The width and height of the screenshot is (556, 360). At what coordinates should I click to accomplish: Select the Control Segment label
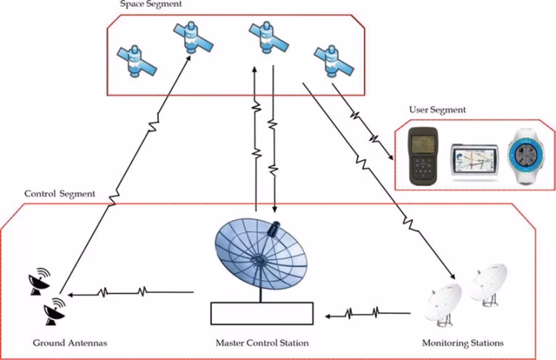(60, 193)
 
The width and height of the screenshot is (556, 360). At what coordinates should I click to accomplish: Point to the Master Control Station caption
(262, 343)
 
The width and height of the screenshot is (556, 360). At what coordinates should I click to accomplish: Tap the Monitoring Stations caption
(463, 343)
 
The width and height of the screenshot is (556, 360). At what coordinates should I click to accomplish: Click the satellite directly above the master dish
(265, 35)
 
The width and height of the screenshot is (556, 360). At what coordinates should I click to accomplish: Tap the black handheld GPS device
(425, 156)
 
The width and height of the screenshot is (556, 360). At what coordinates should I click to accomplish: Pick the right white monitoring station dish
(490, 285)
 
